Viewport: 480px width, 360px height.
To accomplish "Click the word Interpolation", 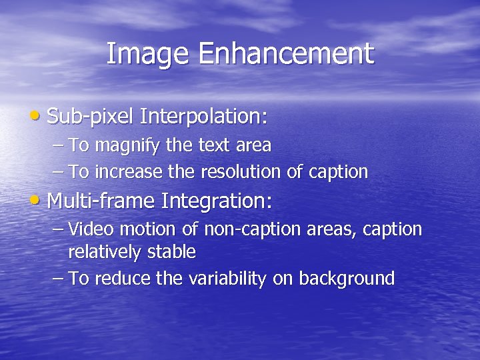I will [204, 117].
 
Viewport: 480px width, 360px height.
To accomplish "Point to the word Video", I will [91, 229].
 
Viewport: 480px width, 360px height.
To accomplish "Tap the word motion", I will [148, 229].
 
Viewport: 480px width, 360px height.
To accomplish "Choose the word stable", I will [173, 252].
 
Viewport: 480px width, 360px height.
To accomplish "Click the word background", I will [347, 279].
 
